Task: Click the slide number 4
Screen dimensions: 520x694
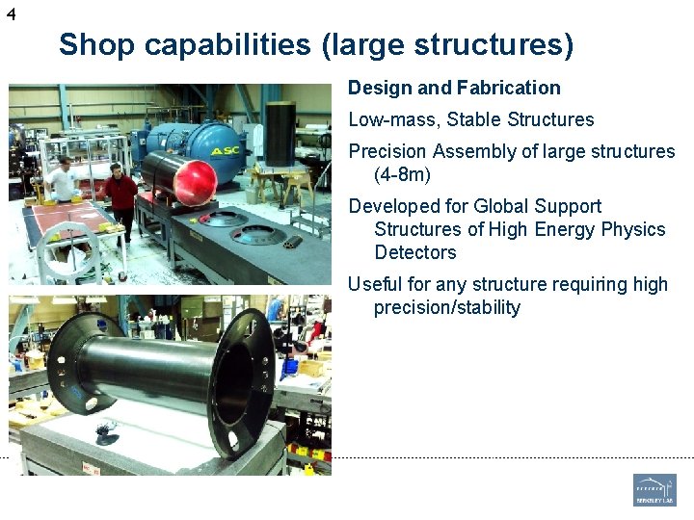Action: tap(11, 13)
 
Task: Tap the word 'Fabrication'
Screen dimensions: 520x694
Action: tap(507, 88)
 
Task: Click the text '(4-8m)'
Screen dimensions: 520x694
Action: tap(402, 174)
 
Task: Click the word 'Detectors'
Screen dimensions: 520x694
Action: tap(414, 252)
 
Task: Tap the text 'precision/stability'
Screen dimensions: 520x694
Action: tap(447, 307)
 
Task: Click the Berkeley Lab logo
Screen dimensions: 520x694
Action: tap(654, 489)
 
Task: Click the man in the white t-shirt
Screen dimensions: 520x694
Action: tap(63, 181)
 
